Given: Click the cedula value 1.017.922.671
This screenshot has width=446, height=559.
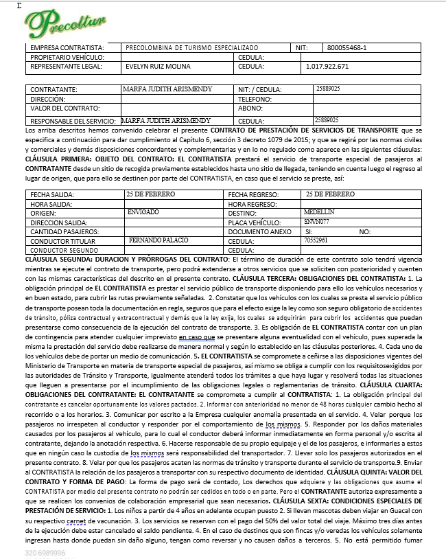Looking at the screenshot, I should [327, 67].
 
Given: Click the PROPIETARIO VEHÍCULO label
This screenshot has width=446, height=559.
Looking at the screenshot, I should [67, 57].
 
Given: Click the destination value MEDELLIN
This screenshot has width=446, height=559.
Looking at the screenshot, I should [319, 213].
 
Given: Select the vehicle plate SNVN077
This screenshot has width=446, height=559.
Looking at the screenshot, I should [316, 223].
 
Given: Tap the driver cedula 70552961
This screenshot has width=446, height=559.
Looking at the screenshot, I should [316, 241].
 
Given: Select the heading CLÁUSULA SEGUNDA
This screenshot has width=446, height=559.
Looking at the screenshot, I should [58, 260].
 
